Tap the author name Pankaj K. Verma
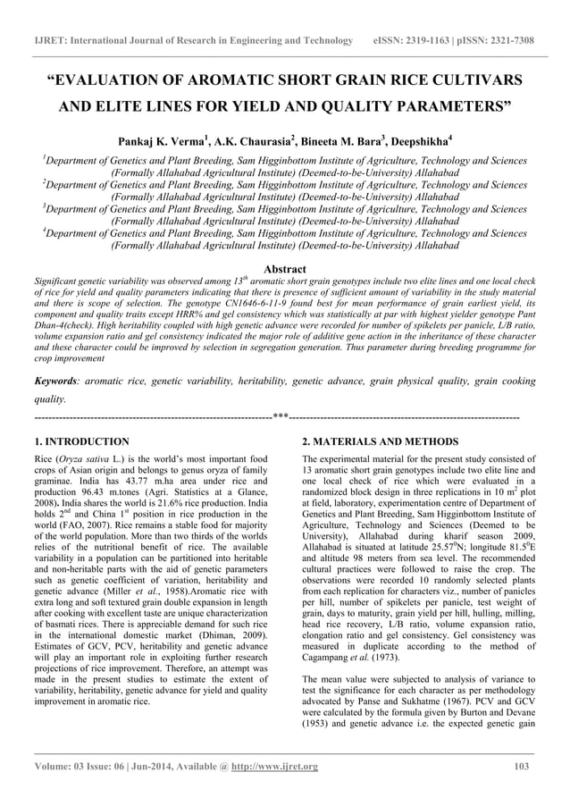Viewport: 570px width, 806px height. coord(158,141)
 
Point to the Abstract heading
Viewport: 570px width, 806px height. coord(284,269)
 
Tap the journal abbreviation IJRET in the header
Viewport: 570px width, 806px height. coord(50,41)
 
